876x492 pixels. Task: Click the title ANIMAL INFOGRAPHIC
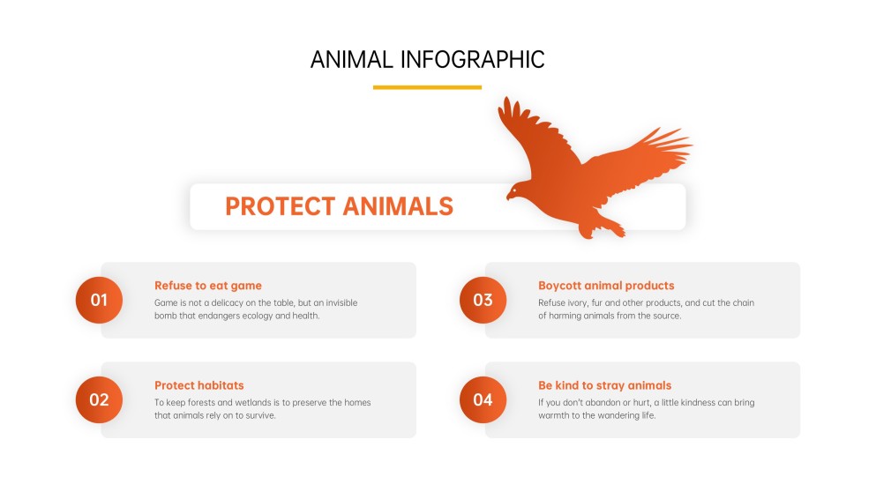(427, 59)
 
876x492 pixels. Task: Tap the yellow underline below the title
(427, 87)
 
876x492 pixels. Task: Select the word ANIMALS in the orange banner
(397, 206)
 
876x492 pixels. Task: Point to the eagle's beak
(508, 196)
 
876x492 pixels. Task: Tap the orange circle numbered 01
(99, 300)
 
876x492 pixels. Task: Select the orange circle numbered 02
(99, 399)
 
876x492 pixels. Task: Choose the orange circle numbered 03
(483, 300)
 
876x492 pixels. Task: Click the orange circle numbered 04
(483, 399)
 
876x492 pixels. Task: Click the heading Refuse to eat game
(208, 286)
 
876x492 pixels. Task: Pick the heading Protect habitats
(199, 385)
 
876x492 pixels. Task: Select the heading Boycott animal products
(606, 286)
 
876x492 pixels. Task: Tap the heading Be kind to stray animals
(604, 385)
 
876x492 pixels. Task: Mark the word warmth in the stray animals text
(555, 415)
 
